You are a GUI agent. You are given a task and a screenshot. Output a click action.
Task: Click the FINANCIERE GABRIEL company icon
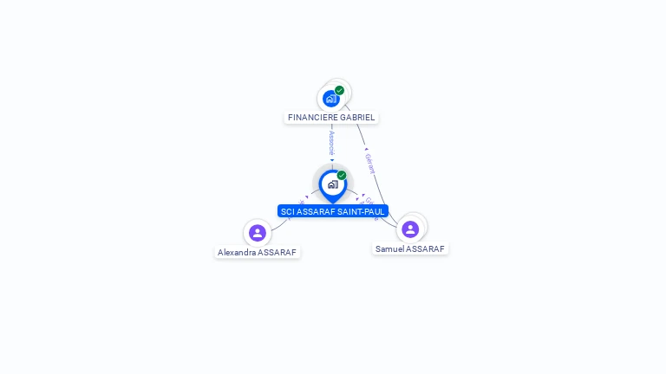(x=330, y=98)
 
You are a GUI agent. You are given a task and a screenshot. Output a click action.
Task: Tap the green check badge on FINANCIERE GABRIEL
(x=339, y=90)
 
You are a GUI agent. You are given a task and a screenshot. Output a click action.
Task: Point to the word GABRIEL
(x=357, y=117)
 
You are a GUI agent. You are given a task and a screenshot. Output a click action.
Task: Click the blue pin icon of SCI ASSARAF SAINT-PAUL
(x=332, y=184)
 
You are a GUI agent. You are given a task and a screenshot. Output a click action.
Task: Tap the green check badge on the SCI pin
(x=342, y=176)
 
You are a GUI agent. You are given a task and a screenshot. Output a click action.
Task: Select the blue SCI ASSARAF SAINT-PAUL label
(x=332, y=211)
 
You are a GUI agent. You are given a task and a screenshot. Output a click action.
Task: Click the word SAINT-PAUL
(x=364, y=211)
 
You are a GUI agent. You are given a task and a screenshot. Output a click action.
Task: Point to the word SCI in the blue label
(x=288, y=211)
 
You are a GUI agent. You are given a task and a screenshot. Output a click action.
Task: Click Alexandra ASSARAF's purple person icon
(x=258, y=232)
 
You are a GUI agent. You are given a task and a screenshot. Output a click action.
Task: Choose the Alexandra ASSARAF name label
(x=258, y=253)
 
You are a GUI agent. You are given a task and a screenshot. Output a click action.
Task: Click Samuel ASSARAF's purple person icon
(x=410, y=229)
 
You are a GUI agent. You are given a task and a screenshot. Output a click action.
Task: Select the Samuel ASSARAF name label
(x=410, y=248)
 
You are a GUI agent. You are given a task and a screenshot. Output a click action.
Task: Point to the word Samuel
(x=390, y=248)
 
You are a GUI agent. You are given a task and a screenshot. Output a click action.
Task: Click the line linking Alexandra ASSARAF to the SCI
(x=279, y=223)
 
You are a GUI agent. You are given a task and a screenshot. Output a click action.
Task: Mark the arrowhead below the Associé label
(x=332, y=160)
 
